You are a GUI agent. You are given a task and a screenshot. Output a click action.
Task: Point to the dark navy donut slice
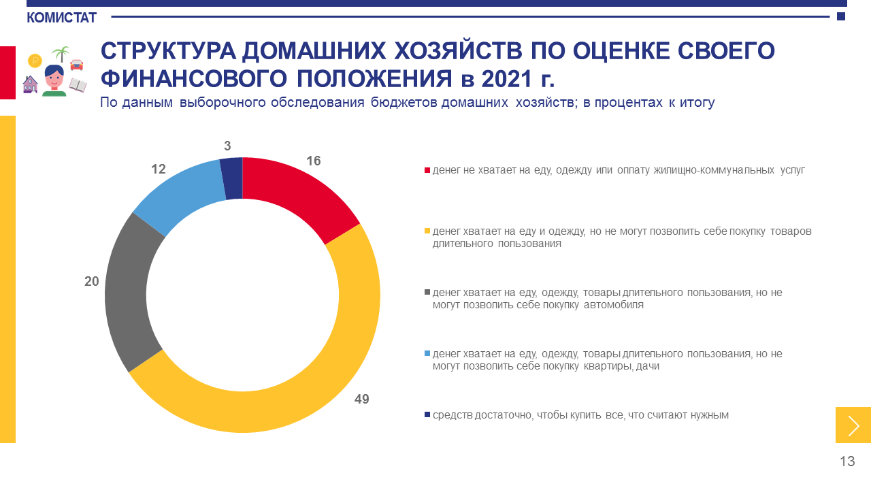coord(233,178)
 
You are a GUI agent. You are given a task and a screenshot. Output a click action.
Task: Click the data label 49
coord(361,399)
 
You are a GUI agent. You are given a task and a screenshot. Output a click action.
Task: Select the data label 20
coord(92,281)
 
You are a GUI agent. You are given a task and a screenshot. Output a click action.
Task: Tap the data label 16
coord(314,161)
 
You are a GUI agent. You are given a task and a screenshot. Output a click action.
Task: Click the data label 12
coord(159,169)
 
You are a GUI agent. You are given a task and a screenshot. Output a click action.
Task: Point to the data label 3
coord(227,146)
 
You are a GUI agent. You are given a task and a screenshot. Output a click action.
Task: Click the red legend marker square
coord(427,170)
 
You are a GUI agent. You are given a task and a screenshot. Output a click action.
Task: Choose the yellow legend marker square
coord(427,231)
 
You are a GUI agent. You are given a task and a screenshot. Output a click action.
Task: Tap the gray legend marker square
coord(427,292)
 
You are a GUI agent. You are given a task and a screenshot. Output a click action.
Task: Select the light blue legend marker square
coord(427,353)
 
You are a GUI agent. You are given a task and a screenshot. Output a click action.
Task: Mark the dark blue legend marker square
coord(427,414)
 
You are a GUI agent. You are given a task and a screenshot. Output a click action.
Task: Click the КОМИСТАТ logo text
coord(61,18)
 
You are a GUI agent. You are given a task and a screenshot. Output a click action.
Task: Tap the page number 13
coord(847,461)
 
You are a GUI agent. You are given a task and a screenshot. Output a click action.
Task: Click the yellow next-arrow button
coord(853,425)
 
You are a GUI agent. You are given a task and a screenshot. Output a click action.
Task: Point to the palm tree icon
coord(61,54)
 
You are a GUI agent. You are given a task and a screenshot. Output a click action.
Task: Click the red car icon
coord(77,65)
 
